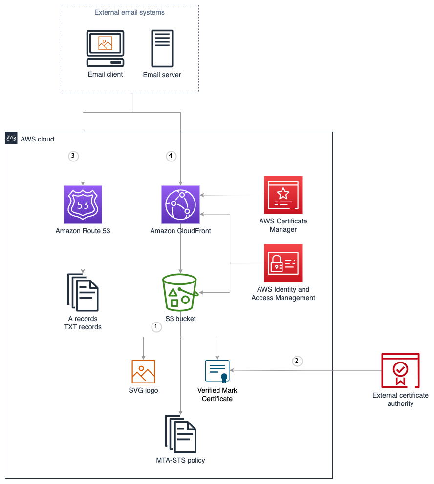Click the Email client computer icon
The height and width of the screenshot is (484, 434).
pos(105,48)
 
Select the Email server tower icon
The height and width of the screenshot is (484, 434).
pos(162,48)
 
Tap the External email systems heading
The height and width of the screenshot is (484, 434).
pos(130,12)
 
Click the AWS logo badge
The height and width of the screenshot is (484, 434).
pos(11,139)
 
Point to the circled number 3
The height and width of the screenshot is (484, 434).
pos(73,156)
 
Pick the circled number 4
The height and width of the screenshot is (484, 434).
pos(170,156)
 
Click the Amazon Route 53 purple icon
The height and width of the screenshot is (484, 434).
pos(83,204)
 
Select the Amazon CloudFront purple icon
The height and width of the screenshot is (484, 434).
pos(180,204)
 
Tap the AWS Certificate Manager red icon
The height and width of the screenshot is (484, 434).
pos(283,195)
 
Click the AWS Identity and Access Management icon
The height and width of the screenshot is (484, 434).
pos(283,263)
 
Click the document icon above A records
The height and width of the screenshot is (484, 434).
pos(83,292)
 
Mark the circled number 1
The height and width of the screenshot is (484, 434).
pos(156,326)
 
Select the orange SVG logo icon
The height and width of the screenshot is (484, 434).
pos(143,371)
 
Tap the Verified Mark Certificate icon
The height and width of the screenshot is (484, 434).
pos(217,371)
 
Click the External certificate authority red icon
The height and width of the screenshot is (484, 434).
pos(400,371)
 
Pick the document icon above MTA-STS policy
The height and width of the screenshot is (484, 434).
pos(180,434)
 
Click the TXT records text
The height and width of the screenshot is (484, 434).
pos(83,327)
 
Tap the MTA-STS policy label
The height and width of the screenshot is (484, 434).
pos(180,460)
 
